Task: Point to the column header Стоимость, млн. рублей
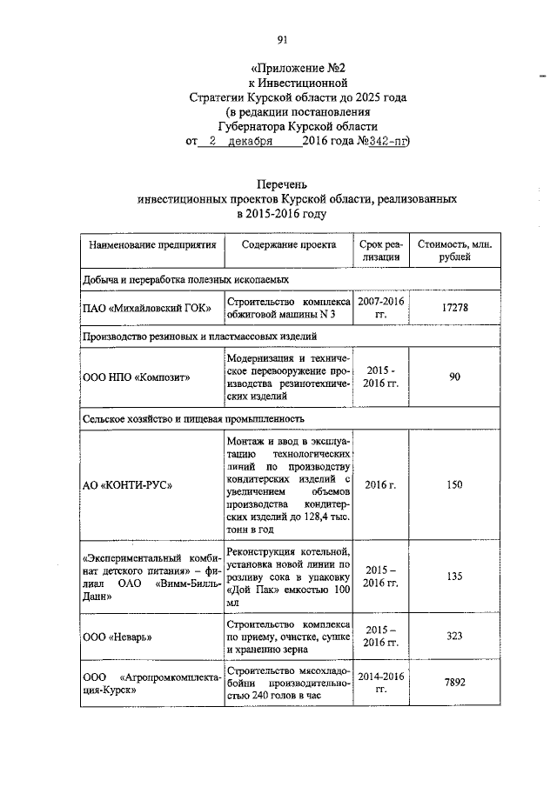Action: tap(454, 251)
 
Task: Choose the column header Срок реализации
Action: tap(381, 251)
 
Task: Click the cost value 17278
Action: tap(454, 307)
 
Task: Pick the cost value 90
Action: tap(454, 377)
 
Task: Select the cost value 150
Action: tap(454, 484)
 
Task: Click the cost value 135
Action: tap(454, 576)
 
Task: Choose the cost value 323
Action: tap(454, 637)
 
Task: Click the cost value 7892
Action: tap(454, 683)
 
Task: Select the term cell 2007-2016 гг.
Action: tap(381, 307)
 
